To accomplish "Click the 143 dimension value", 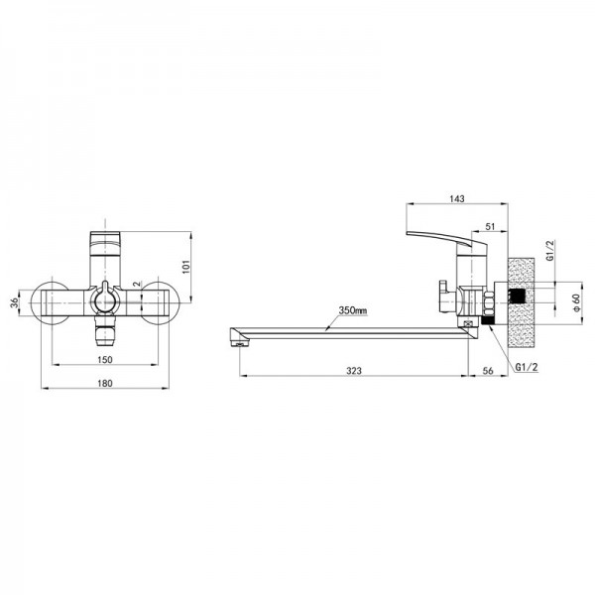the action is [456, 198].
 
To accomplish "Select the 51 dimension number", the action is [490, 226].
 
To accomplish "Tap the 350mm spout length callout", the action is [353, 309].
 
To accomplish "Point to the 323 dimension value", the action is [354, 370].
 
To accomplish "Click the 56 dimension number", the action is [489, 370].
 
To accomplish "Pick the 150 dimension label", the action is [105, 359].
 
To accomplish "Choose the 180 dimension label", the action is [105, 383].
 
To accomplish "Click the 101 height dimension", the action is [186, 267].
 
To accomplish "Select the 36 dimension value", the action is [15, 302].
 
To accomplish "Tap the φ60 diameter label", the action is [576, 302].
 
